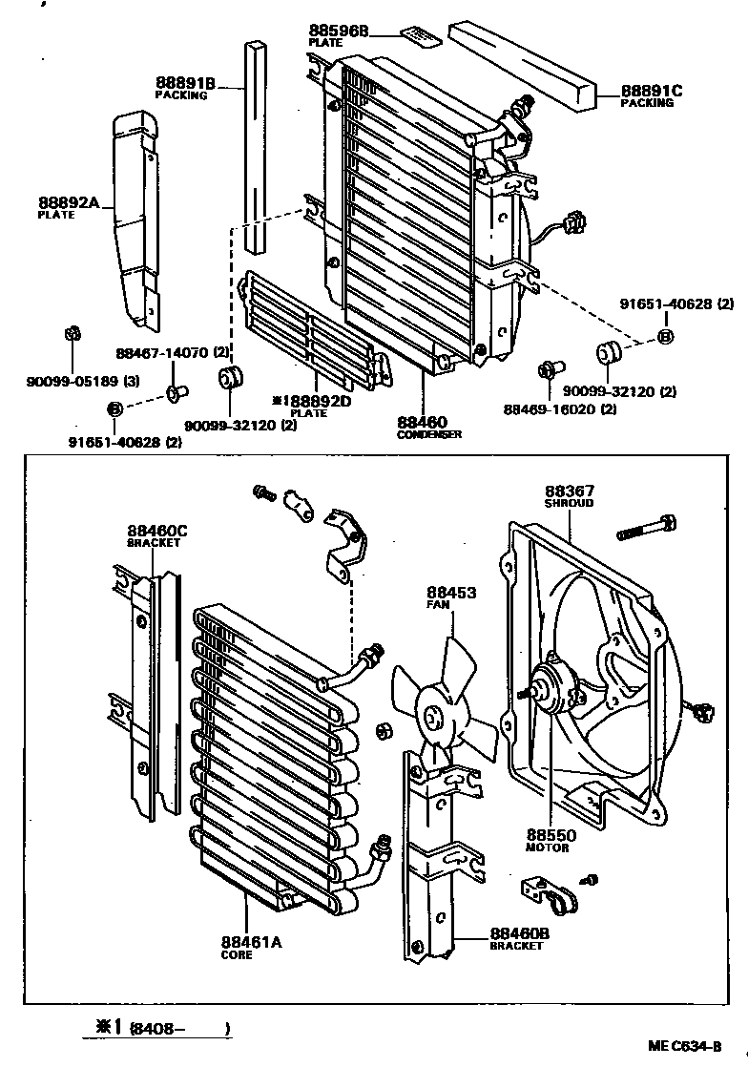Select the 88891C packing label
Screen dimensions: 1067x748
coord(653,91)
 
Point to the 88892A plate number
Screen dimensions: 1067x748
coord(70,202)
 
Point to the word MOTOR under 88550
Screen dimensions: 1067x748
coord(547,847)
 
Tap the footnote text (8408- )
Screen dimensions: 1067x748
coord(179,1029)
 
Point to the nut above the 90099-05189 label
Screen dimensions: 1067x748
coord(70,334)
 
